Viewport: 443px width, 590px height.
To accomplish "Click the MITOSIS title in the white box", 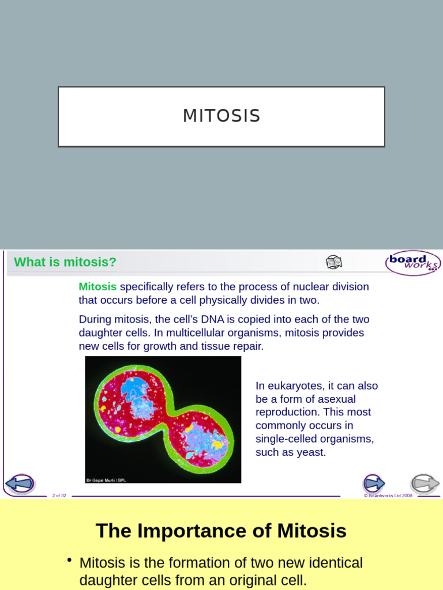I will pyautogui.click(x=221, y=116).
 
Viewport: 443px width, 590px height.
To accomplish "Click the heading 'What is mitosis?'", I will pyautogui.click(x=65, y=262).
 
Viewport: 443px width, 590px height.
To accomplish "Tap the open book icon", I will pyautogui.click(x=334, y=262).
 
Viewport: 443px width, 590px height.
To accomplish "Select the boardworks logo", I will pyautogui.click(x=412, y=263).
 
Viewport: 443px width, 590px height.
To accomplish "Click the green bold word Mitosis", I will pyautogui.click(x=97, y=287).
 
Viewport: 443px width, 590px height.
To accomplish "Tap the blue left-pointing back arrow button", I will pyautogui.click(x=20, y=483).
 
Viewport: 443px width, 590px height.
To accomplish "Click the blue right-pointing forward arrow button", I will pyautogui.click(x=374, y=483).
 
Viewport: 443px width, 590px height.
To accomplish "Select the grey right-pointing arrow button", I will pyautogui.click(x=425, y=483).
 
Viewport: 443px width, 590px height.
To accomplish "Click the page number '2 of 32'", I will pyautogui.click(x=59, y=496).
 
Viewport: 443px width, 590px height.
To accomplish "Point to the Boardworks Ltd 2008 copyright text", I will pyautogui.click(x=388, y=496).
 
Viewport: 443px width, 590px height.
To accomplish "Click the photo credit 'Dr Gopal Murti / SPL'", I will pyautogui.click(x=106, y=479).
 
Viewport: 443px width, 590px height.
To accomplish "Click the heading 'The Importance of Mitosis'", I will pyautogui.click(x=221, y=531).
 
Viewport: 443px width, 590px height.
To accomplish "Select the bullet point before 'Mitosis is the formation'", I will pyautogui.click(x=69, y=561).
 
